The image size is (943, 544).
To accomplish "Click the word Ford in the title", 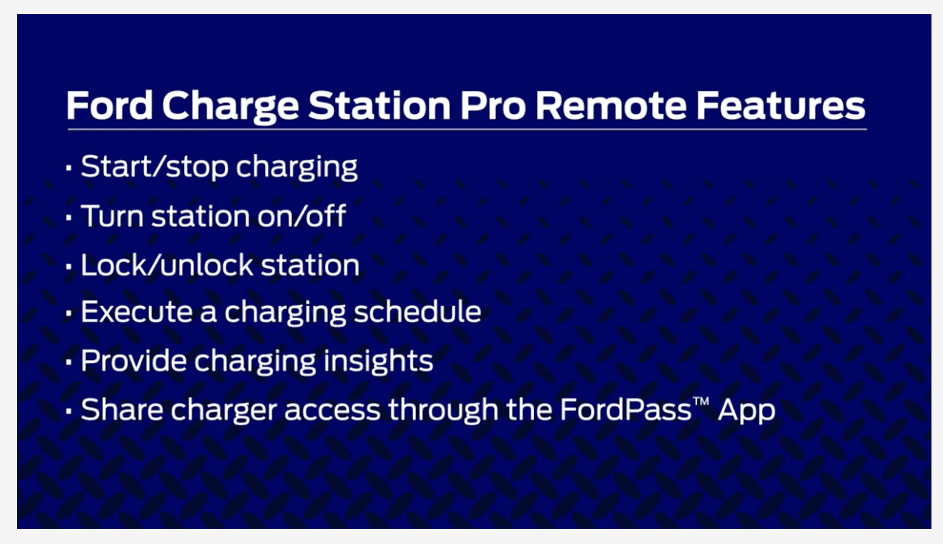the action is (110, 105).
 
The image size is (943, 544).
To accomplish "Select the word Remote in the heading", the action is (611, 105).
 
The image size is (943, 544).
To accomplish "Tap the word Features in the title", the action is (780, 105).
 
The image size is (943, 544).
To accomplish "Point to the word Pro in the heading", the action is (493, 105).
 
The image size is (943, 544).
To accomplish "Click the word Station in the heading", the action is (380, 105).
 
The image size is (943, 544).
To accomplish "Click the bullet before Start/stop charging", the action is (69, 168).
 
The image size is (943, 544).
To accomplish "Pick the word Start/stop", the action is (155, 167).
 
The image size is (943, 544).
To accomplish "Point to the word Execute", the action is (136, 312).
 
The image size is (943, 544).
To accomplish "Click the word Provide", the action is (133, 361).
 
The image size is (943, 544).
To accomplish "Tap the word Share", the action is (122, 409).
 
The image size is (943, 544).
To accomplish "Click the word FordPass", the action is (626, 409).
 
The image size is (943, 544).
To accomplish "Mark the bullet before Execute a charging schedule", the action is (69, 314).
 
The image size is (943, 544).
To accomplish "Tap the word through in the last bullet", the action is (443, 410).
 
